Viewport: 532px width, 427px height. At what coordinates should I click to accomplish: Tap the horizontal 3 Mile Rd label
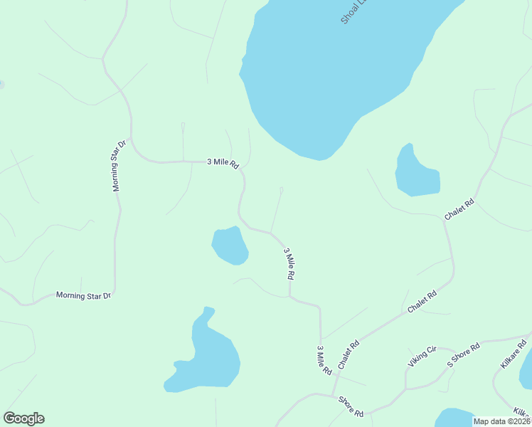222,162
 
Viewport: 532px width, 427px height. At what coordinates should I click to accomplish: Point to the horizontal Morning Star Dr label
84,295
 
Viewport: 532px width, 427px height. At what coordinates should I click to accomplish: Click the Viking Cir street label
421,357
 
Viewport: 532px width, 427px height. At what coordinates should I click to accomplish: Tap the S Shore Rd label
464,354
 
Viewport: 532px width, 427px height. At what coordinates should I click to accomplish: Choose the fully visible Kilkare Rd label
513,354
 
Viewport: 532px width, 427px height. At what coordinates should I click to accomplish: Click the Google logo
23,418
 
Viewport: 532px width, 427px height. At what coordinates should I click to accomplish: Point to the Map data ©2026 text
502,421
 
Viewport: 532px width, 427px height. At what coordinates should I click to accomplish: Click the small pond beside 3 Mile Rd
230,246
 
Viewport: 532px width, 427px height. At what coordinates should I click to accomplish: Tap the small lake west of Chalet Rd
415,173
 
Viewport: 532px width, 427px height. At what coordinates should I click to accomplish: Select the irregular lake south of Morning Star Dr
206,356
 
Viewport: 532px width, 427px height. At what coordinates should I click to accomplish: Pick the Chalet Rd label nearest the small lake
459,209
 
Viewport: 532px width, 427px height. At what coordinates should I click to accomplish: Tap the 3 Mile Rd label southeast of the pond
289,263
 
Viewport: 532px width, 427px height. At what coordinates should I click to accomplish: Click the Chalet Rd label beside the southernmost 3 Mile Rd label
349,354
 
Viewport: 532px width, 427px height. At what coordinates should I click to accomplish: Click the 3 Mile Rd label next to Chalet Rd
324,360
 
